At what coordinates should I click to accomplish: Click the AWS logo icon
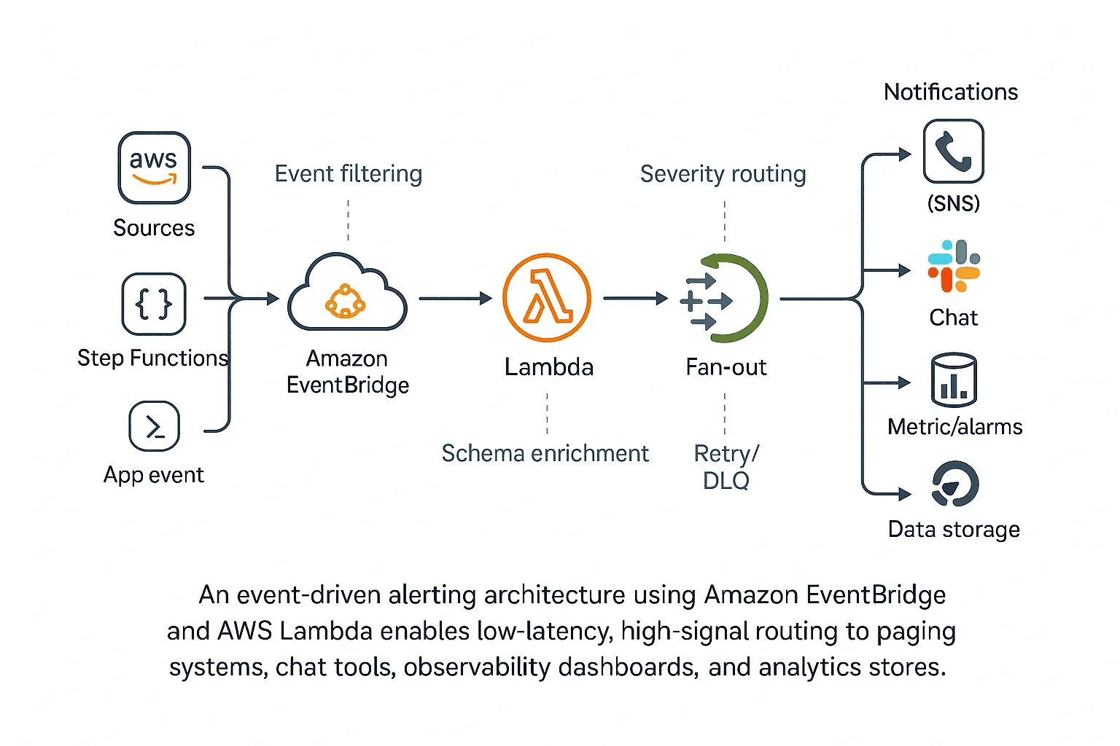(x=154, y=168)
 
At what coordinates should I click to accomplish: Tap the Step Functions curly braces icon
(x=154, y=304)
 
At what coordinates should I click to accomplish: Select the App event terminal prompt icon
(x=154, y=426)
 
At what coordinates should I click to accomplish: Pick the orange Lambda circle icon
(x=547, y=298)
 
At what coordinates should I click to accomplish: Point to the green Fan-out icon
(x=724, y=299)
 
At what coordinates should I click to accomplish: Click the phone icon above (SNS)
(x=953, y=152)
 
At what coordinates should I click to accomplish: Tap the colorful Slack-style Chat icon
(x=954, y=266)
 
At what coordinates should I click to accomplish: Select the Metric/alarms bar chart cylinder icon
(x=954, y=380)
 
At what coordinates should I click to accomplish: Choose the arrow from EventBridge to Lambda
(x=455, y=298)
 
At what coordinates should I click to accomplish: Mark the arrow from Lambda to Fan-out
(x=635, y=298)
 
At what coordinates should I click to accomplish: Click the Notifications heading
(x=951, y=92)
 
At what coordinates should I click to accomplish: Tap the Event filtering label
(x=349, y=174)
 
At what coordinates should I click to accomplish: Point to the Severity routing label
(x=723, y=174)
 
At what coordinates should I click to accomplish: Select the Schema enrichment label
(x=545, y=453)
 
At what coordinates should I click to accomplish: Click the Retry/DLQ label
(x=726, y=467)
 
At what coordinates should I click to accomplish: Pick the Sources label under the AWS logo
(x=154, y=228)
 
